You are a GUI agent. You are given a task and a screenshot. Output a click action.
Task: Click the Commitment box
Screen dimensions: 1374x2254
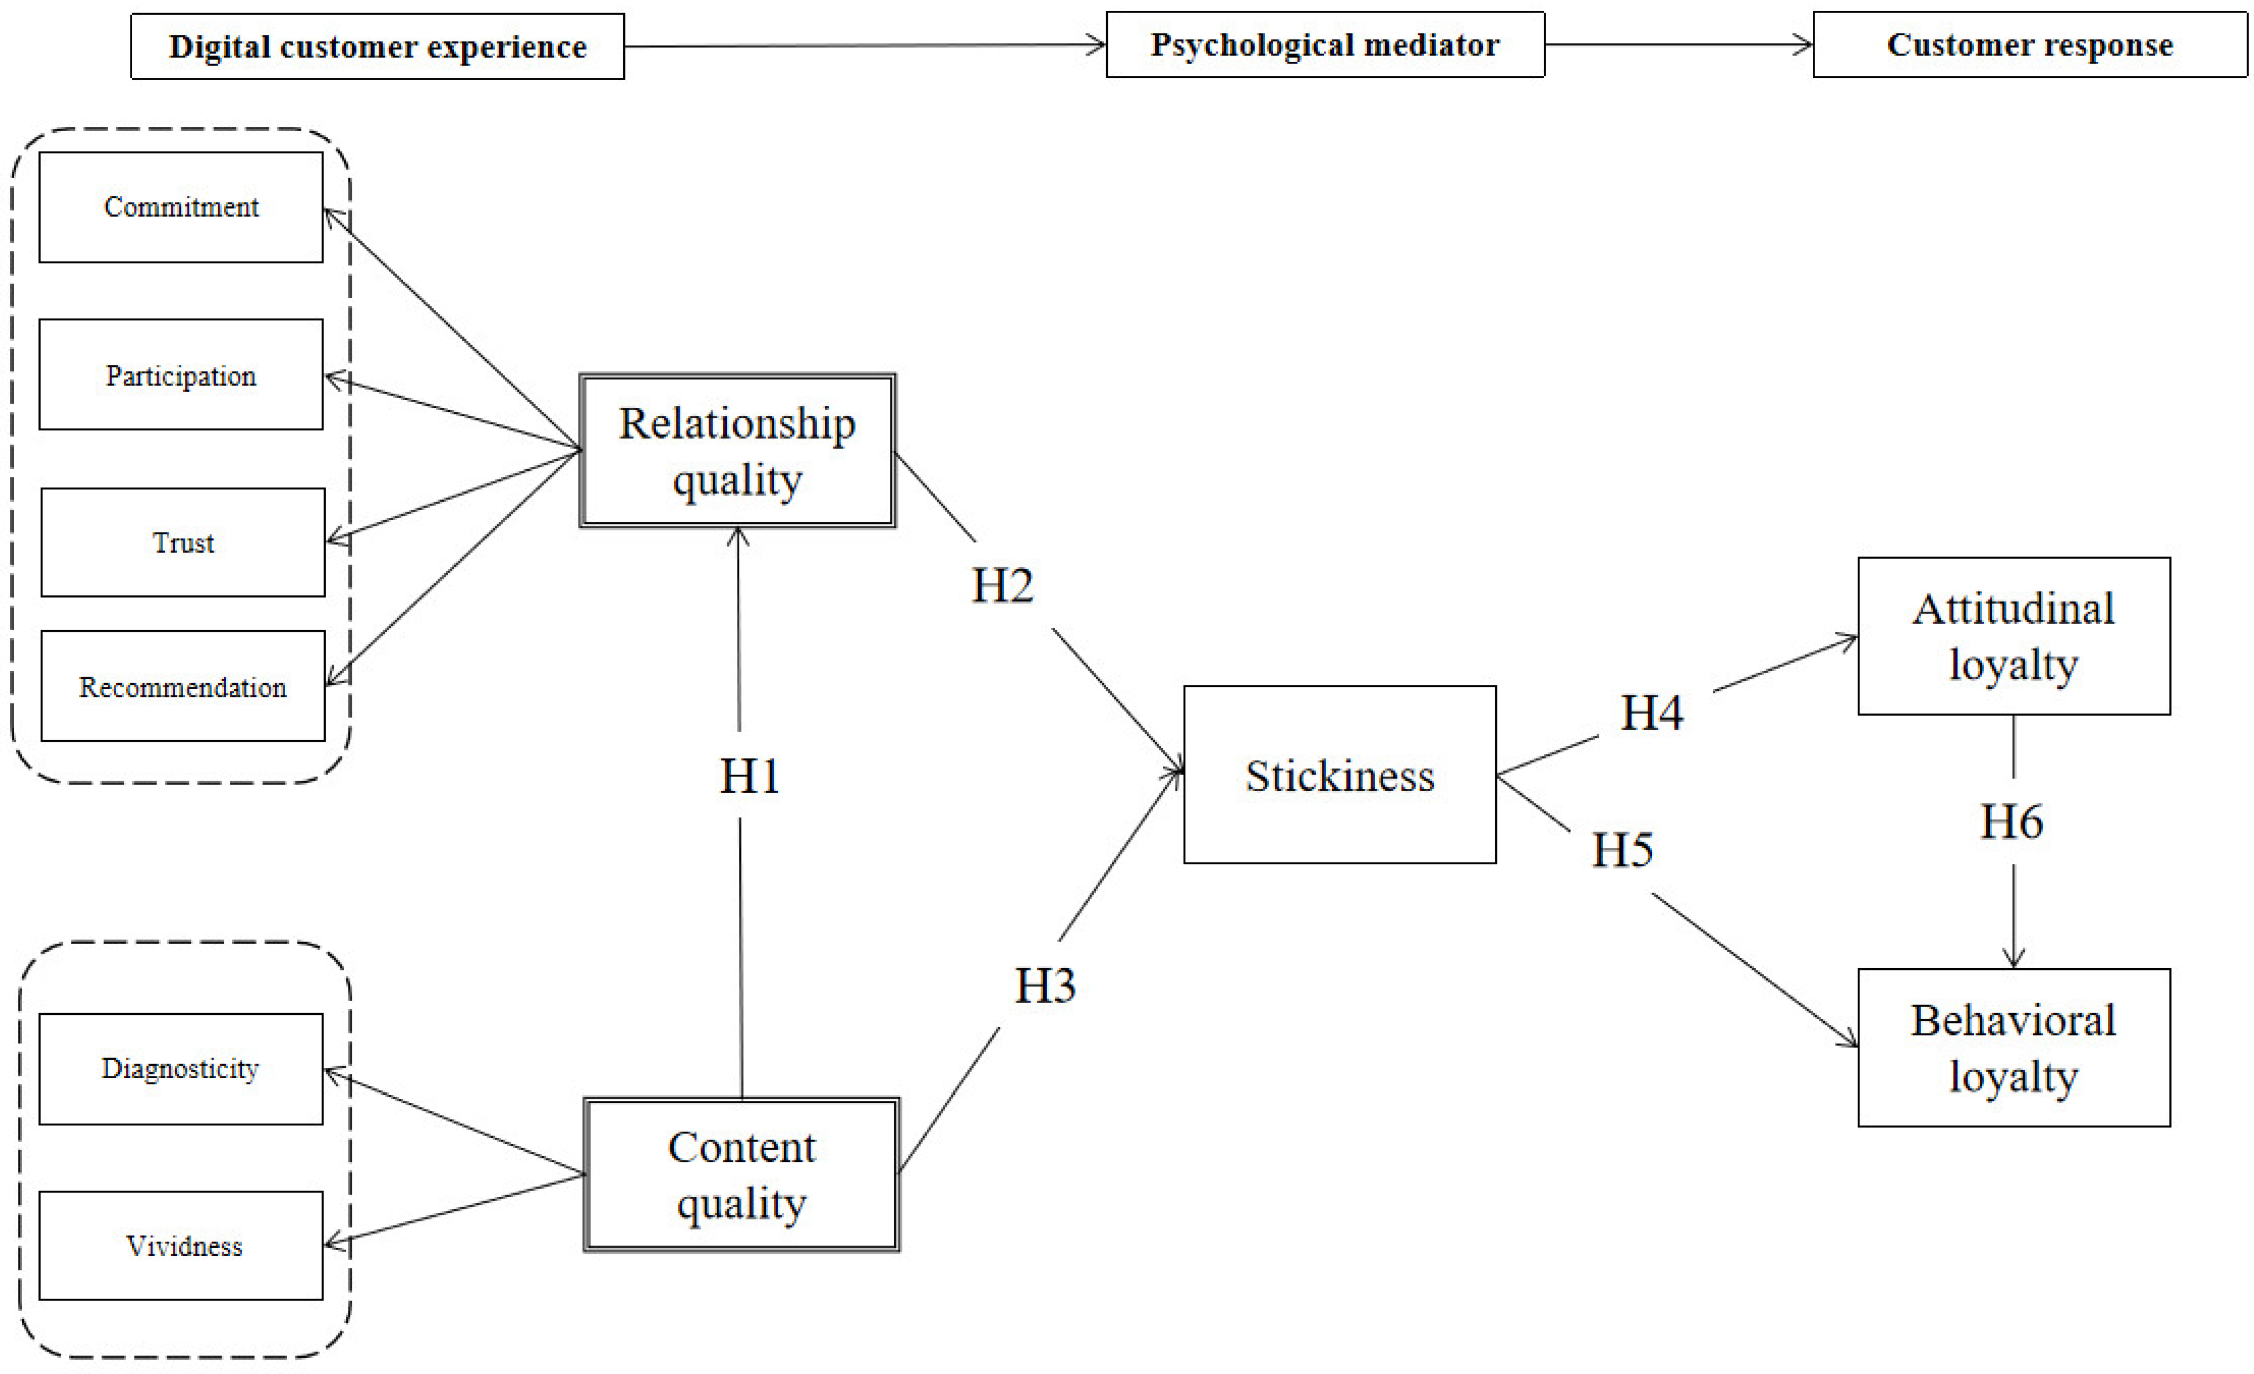pyautogui.click(x=181, y=208)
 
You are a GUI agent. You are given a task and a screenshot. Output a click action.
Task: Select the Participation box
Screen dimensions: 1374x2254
pyautogui.click(x=181, y=375)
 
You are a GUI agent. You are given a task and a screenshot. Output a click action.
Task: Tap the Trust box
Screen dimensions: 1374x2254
pyautogui.click(x=183, y=542)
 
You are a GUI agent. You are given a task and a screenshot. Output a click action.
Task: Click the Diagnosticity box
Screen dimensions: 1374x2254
pyautogui.click(x=181, y=1068)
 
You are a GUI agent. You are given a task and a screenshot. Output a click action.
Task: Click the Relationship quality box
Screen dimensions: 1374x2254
pyautogui.click(x=737, y=451)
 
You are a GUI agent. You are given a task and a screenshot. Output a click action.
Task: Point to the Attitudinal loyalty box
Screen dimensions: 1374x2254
pyautogui.click(x=2013, y=636)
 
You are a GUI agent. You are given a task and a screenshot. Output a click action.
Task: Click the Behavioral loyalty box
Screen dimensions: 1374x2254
pyautogui.click(x=2013, y=1047)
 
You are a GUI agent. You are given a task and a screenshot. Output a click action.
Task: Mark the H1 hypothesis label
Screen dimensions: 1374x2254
pyautogui.click(x=749, y=776)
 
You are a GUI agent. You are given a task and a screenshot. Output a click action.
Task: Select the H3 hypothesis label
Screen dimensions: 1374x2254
pyautogui.click(x=1045, y=985)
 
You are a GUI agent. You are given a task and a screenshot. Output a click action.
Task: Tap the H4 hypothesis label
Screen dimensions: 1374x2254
pyautogui.click(x=1651, y=712)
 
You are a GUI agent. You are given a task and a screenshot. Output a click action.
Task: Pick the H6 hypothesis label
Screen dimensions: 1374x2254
pyautogui.click(x=2012, y=821)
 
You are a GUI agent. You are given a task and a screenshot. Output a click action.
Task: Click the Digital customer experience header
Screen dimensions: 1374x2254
pyautogui.click(x=378, y=47)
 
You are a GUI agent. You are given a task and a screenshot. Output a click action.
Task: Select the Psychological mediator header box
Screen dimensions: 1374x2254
pyautogui.click(x=1325, y=45)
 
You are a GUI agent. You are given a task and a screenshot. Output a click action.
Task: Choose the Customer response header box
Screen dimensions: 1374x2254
pyautogui.click(x=2029, y=45)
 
